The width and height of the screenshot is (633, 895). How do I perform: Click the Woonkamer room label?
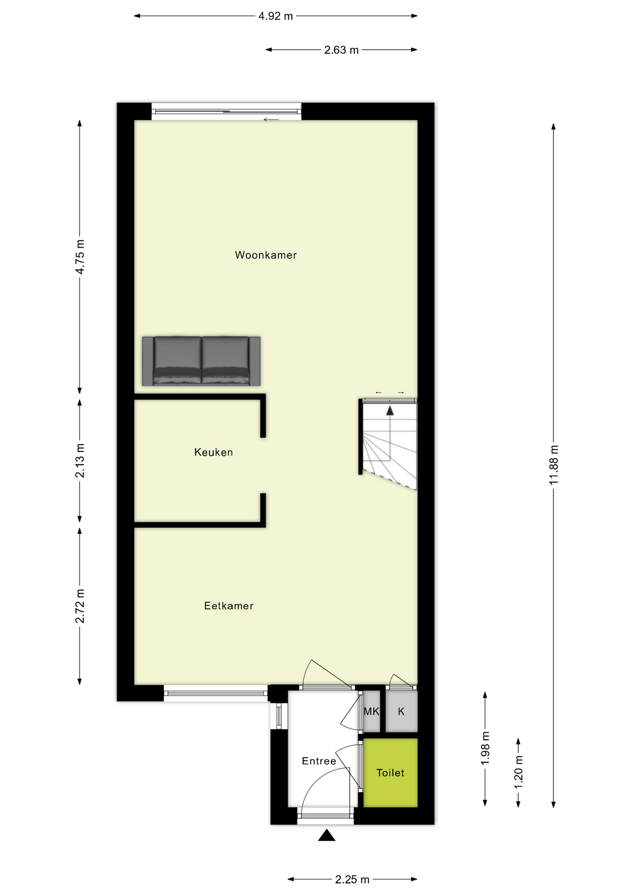266,255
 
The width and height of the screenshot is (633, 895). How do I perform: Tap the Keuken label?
213,452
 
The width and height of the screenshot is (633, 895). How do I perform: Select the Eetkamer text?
228,606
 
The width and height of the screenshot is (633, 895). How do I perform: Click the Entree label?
319,761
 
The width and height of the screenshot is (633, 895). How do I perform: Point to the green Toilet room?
390,773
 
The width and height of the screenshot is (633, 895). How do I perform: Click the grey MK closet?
372,712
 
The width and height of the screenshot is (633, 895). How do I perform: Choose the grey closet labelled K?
401,712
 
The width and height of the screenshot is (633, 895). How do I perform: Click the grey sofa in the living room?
201,361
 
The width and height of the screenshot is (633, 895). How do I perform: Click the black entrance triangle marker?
327,835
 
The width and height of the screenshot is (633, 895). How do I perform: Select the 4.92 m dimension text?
275,16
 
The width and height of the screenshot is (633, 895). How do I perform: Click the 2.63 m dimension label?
341,50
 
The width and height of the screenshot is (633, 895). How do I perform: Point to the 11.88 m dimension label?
554,465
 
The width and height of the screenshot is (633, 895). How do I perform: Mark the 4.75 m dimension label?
80,257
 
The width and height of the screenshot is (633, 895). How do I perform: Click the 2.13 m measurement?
80,461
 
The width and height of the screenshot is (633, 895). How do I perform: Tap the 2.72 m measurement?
80,606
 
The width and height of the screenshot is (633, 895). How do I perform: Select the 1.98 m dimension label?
485,748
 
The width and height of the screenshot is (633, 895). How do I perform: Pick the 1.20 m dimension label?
518,772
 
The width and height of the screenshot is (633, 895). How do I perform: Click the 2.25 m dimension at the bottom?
352,880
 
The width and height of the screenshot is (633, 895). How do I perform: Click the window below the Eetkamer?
215,693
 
